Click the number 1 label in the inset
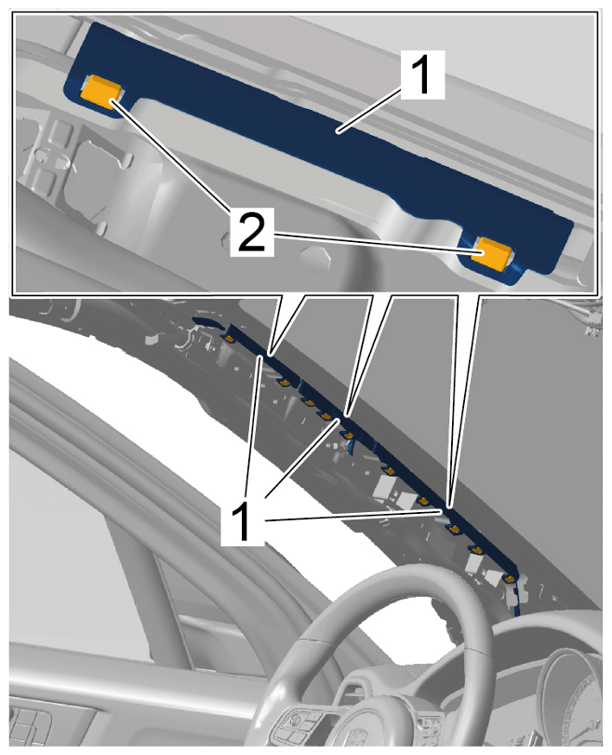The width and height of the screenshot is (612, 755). pyautogui.click(x=422, y=74)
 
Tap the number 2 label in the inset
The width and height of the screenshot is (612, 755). pyautogui.click(x=252, y=232)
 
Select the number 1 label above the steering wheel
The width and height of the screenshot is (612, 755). pyautogui.click(x=243, y=521)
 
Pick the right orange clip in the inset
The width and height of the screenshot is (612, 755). pyautogui.click(x=491, y=252)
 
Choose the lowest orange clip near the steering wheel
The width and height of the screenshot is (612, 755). pyautogui.click(x=511, y=578)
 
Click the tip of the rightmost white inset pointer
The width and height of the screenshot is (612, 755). pyautogui.click(x=450, y=506)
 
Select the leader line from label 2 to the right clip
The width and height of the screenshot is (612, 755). pyautogui.click(x=378, y=244)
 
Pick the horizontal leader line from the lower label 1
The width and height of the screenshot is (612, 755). pyautogui.click(x=353, y=515)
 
